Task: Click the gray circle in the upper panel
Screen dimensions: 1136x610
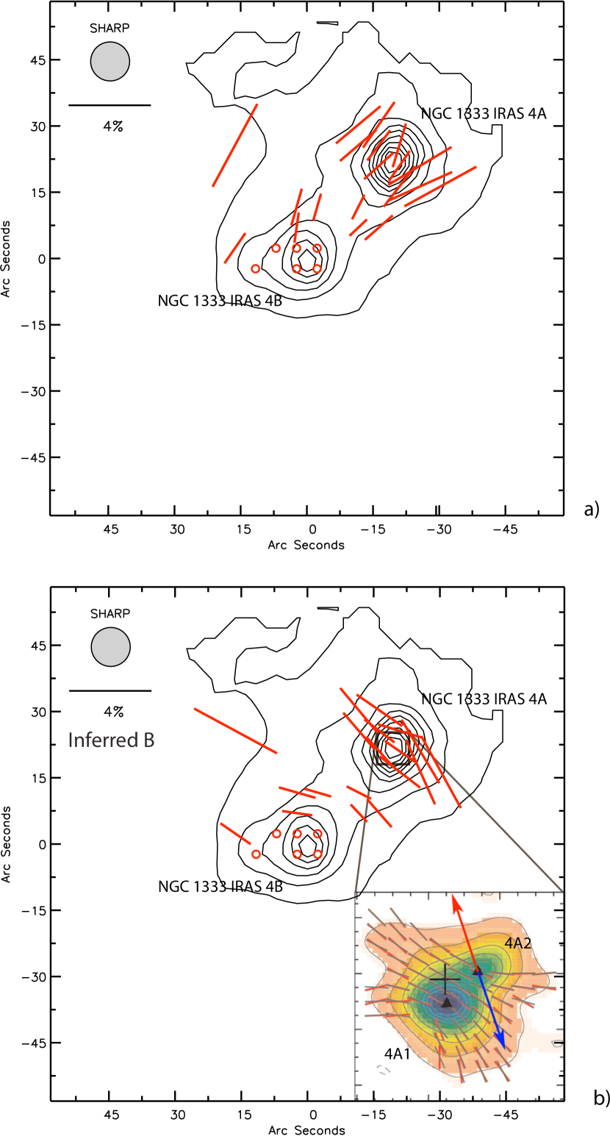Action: pos(110,62)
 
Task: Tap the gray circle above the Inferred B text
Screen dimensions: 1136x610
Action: pos(111,647)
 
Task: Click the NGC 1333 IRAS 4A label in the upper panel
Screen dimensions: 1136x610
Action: pos(484,114)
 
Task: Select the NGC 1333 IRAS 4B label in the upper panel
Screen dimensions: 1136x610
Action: pos(220,301)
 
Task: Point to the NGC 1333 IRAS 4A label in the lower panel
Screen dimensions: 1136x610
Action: pos(484,699)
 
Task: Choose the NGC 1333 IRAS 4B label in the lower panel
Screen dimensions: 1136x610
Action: pos(220,887)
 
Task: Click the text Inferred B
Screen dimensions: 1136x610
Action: pos(111,740)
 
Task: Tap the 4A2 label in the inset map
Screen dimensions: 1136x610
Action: pos(518,942)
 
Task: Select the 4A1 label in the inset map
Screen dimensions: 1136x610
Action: pos(398,1054)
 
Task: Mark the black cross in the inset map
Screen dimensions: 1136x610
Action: pos(445,979)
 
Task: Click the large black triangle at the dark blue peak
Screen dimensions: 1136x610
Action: pos(447,1002)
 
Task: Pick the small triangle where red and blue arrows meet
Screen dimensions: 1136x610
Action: pos(478,971)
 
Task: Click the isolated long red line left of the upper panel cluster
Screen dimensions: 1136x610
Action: pos(235,146)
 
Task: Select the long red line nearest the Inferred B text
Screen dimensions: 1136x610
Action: pos(235,730)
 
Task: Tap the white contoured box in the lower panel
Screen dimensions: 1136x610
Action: pos(393,749)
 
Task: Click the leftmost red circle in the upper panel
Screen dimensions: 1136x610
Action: pos(255,269)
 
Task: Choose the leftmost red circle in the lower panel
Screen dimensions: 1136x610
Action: pos(256,854)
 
